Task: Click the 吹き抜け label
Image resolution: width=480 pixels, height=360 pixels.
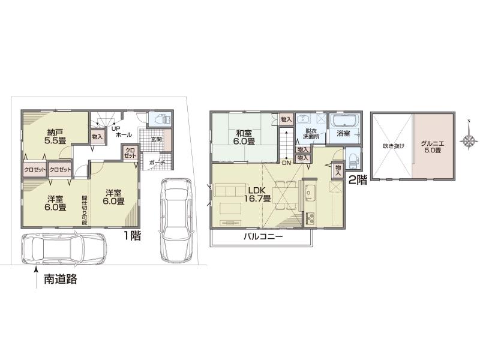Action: coord(394,146)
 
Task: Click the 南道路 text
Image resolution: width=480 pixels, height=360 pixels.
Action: coord(61,279)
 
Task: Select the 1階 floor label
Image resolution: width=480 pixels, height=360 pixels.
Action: coord(132,236)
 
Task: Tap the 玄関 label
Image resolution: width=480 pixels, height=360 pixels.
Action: coord(156,139)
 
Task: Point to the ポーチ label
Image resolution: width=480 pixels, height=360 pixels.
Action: coord(157,162)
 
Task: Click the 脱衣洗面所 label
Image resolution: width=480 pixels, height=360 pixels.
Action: coord(310,134)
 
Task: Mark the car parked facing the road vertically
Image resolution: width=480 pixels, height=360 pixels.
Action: coord(175,218)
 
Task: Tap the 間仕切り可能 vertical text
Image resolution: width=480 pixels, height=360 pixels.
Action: coord(83,208)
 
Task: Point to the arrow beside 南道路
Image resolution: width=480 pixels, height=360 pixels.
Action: coord(35,275)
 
